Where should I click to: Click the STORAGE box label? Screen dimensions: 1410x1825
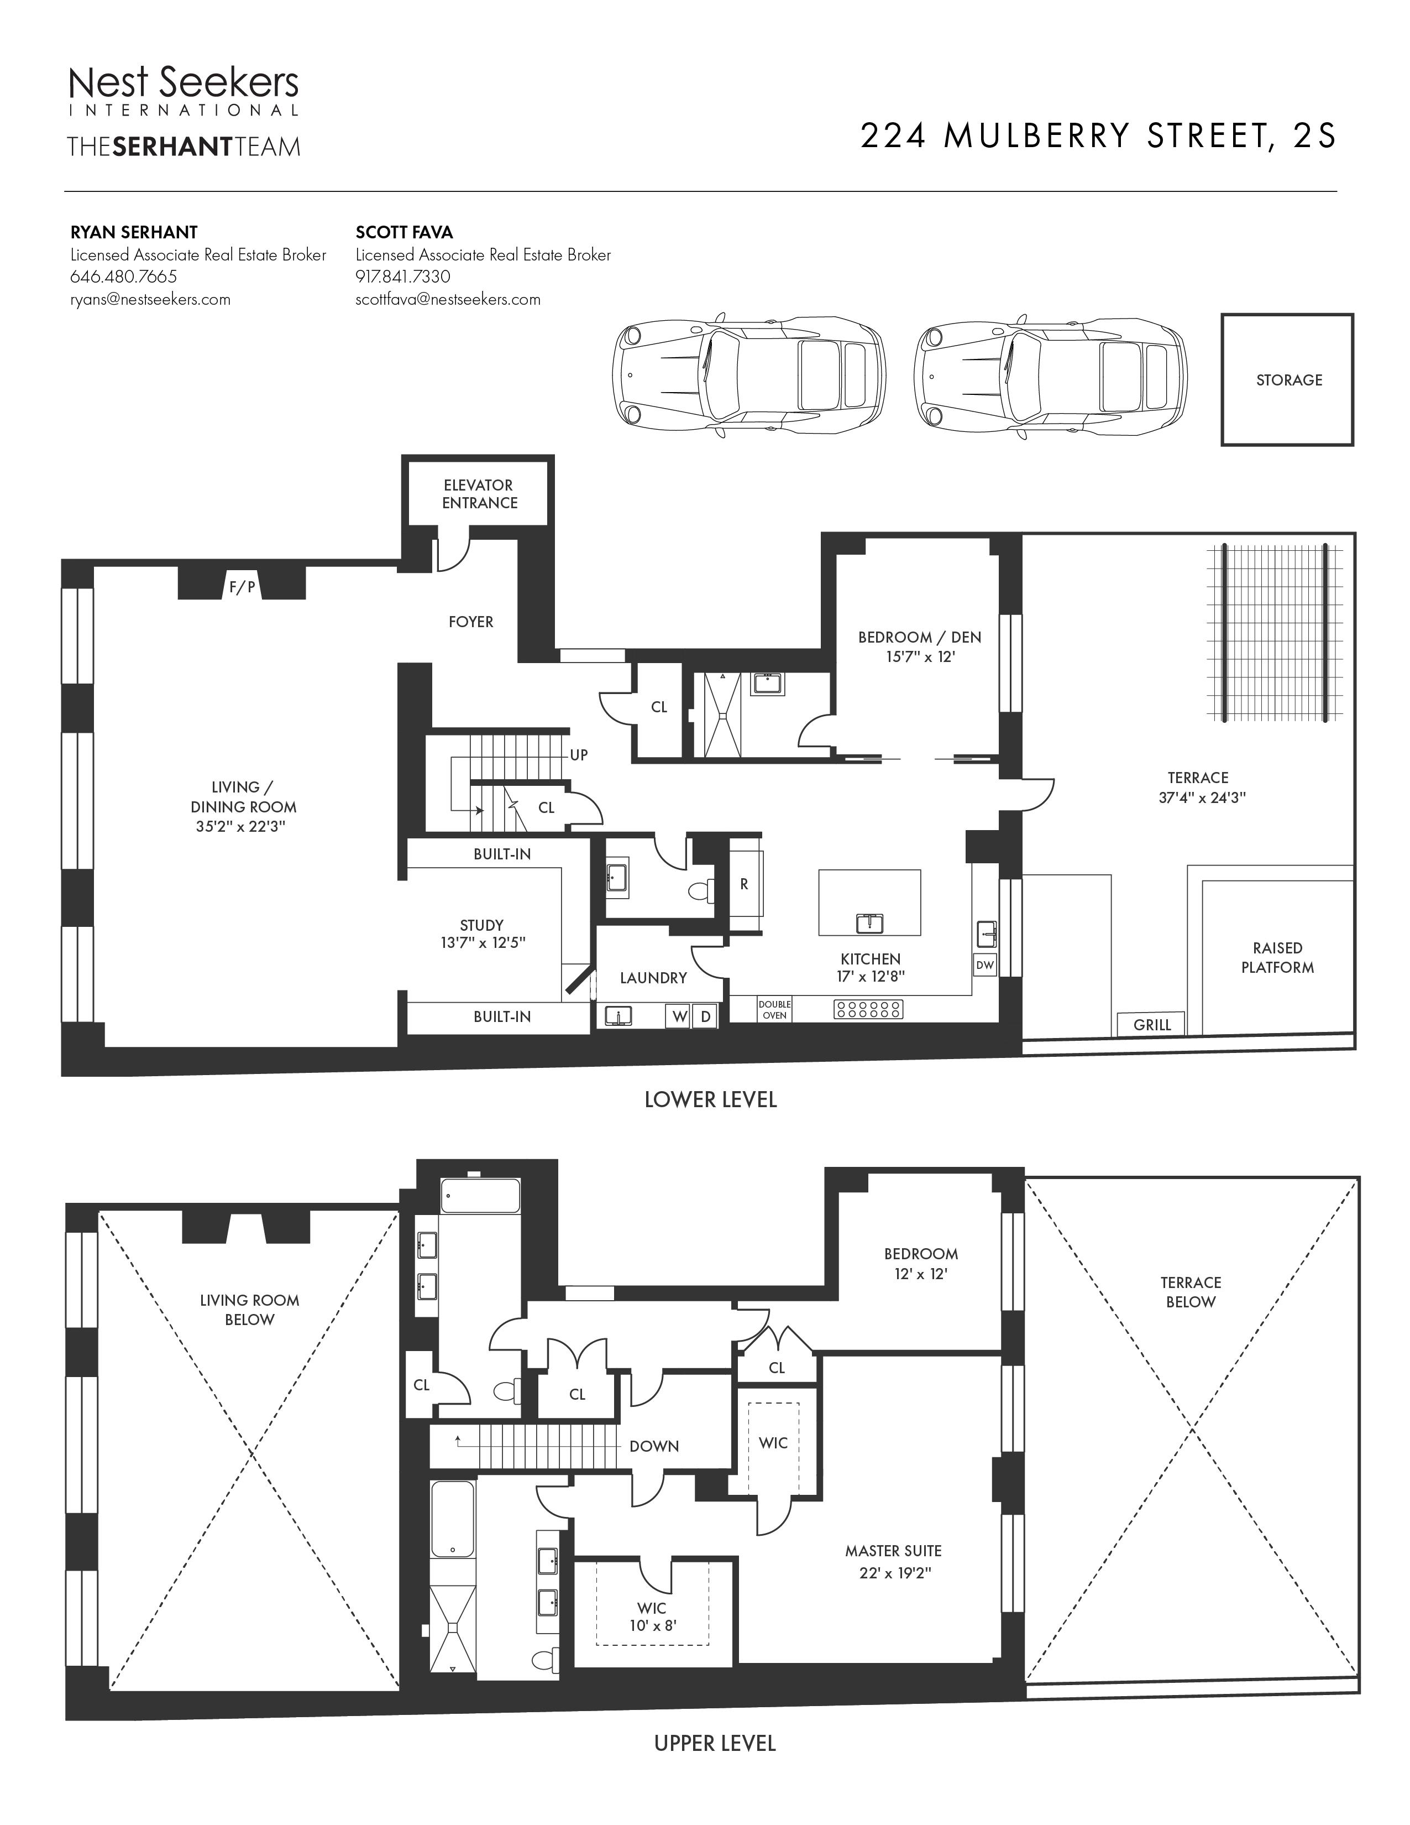click(x=1289, y=380)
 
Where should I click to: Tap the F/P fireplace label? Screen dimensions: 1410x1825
click(x=242, y=587)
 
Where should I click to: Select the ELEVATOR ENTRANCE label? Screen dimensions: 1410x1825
click(x=479, y=494)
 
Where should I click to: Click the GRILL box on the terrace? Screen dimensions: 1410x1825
click(x=1152, y=1024)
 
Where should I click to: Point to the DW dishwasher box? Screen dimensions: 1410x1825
click(x=986, y=965)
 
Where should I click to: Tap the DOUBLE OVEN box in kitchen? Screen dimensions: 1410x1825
click(x=774, y=1009)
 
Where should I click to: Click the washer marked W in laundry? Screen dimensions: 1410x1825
click(x=678, y=1016)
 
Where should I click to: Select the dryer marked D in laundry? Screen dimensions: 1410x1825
click(x=706, y=1016)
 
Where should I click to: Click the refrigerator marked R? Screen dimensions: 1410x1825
click(x=745, y=884)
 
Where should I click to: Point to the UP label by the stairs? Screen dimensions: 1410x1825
click(x=579, y=755)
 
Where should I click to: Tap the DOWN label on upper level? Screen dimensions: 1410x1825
click(x=654, y=1447)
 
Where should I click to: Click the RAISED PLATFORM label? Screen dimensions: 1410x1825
click(x=1277, y=958)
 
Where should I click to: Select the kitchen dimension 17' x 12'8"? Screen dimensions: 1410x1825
click(x=871, y=976)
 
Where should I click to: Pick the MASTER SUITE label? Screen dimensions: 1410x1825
click(x=893, y=1551)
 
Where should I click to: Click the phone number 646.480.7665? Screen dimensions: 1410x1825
click(x=124, y=277)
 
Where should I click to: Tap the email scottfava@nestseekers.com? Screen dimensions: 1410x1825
click(x=448, y=299)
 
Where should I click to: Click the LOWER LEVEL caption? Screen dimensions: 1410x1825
click(x=711, y=1099)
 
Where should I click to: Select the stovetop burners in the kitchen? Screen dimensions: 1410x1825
click(x=869, y=1009)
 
